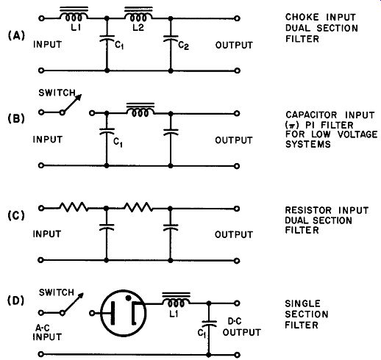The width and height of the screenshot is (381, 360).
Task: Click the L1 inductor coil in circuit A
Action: coord(74,15)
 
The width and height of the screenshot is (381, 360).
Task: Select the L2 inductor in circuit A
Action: coord(138,15)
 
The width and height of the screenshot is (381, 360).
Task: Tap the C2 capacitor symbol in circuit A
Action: coord(171,38)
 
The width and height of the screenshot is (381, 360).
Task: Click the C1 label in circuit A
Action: coord(119,46)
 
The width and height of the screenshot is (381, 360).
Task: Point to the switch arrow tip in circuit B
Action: coord(80,96)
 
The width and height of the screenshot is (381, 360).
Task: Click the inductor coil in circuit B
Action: coord(140,110)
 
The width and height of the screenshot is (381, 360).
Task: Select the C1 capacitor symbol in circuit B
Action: coord(107,131)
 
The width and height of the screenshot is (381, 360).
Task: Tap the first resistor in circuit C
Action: coord(74,207)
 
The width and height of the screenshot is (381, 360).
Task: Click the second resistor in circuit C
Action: coord(138,207)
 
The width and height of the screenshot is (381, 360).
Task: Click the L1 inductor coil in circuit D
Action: coord(176,300)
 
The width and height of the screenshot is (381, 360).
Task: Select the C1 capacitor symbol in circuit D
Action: coord(209,323)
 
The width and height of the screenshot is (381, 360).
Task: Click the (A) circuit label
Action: coord(16,36)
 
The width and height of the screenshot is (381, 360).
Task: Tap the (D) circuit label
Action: coord(16,300)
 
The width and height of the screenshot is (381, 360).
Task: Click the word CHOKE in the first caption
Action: coord(302,17)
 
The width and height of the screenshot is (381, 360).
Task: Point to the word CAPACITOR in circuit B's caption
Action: coord(311,115)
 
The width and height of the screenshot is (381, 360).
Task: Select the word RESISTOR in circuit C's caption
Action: coord(308,210)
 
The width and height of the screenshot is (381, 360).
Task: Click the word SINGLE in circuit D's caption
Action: coord(302,303)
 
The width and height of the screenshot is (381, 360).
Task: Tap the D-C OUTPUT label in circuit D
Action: coord(242,327)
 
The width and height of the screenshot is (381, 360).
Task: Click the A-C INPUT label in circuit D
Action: coord(47,332)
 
